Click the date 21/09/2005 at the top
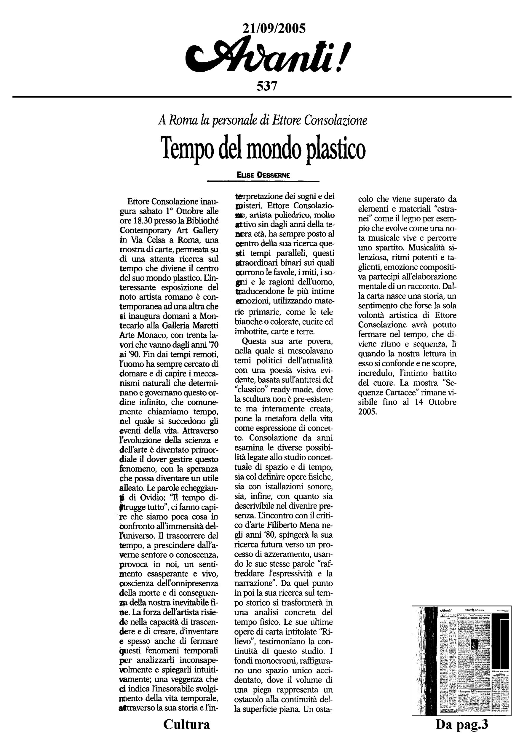pos(274,29)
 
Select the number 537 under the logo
pos(267,86)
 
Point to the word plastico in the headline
pos(335,149)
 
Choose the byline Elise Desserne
pos(263,175)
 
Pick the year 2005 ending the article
pos(368,412)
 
